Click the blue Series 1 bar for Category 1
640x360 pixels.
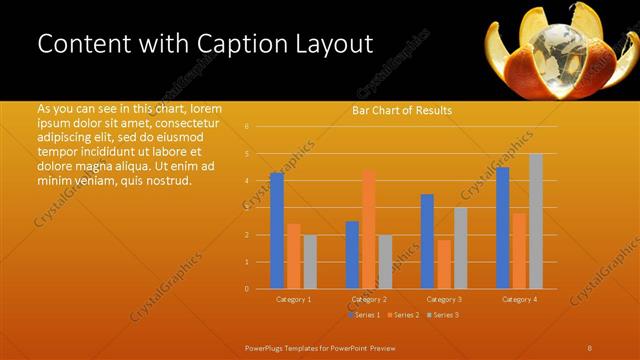click(x=277, y=230)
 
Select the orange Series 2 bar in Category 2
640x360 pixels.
click(x=369, y=229)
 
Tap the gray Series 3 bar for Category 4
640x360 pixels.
click(x=536, y=221)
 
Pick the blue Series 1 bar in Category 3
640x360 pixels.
click(x=427, y=241)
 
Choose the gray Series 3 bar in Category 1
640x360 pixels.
click(x=310, y=262)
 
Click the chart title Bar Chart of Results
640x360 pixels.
click(x=402, y=110)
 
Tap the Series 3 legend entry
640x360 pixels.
click(x=442, y=315)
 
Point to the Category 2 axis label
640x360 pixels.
click(x=368, y=299)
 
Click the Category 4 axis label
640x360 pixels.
click(x=519, y=299)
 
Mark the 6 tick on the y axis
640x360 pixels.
click(x=247, y=127)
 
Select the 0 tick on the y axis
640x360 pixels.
click(x=247, y=289)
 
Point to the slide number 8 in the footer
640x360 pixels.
click(x=590, y=348)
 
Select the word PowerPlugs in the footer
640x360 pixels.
click(x=267, y=348)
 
